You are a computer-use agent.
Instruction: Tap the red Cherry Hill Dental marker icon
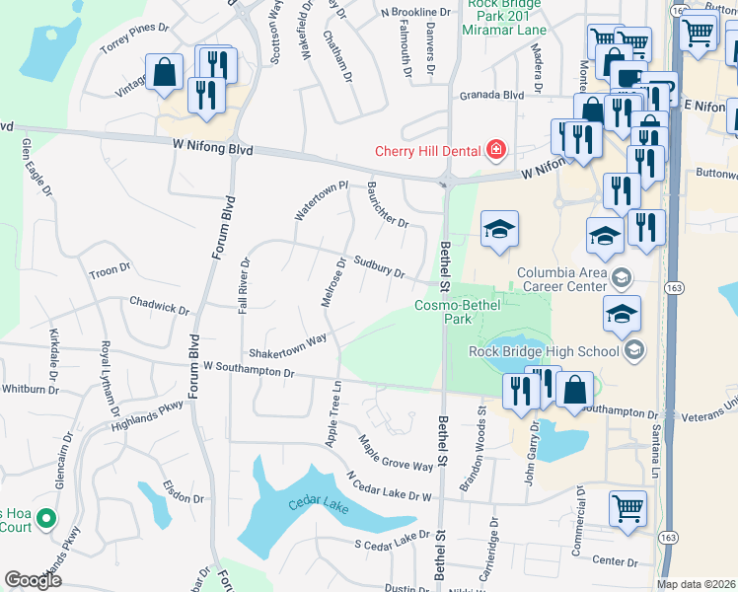(x=495, y=150)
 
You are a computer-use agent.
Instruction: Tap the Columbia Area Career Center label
(x=562, y=279)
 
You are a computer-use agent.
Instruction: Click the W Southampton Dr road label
(x=249, y=370)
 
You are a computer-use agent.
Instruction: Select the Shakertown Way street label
(x=287, y=345)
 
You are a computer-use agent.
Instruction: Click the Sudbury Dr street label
(x=380, y=267)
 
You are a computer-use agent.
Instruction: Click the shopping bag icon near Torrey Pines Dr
(x=164, y=72)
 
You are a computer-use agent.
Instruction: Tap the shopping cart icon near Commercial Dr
(x=627, y=509)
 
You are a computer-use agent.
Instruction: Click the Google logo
(x=33, y=579)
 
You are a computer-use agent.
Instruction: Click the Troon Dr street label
(x=110, y=270)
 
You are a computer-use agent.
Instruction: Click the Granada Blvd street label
(x=491, y=97)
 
